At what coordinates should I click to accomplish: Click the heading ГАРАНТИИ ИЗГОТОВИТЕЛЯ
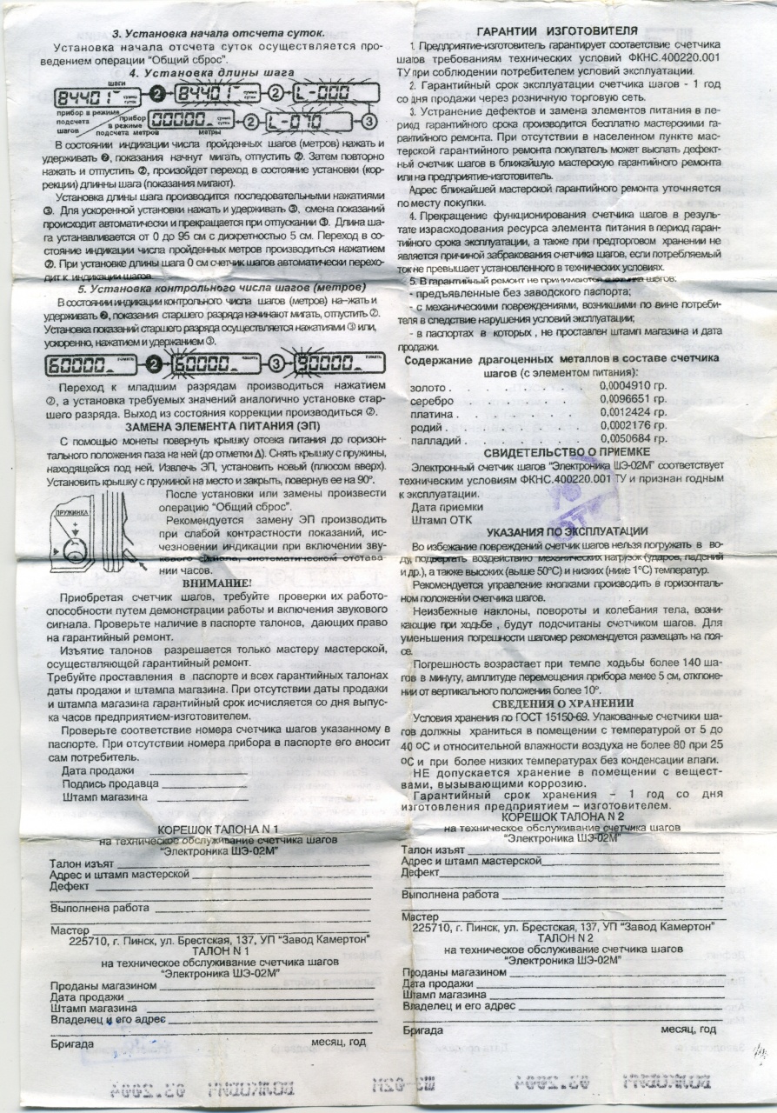(x=565, y=30)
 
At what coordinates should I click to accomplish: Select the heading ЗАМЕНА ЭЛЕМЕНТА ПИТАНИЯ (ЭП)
(x=222, y=427)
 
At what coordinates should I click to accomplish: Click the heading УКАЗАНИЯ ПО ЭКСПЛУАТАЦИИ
(x=566, y=530)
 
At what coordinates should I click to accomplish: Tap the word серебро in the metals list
(x=432, y=399)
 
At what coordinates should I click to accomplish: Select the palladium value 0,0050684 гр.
(x=633, y=440)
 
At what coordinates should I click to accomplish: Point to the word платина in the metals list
(x=432, y=413)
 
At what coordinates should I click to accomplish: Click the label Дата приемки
(x=442, y=505)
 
